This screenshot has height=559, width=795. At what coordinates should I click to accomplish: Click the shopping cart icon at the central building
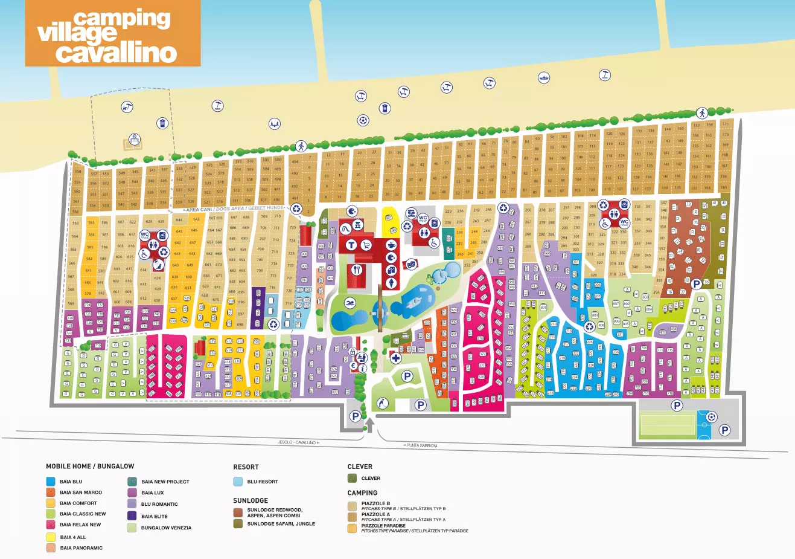coord(366,245)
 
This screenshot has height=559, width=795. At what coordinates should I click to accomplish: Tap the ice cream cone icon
coord(392,283)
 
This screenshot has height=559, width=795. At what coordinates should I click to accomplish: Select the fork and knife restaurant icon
coord(357,270)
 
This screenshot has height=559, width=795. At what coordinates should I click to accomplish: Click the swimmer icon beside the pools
coord(349,302)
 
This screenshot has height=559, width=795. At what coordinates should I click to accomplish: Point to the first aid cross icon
coord(395,358)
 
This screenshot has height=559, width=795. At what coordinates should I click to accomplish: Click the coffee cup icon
coord(391,245)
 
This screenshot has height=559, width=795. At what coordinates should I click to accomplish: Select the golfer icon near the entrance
coord(382,403)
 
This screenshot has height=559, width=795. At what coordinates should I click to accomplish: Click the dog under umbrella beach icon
coord(127,108)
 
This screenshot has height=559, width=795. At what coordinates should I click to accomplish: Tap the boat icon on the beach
coord(544,78)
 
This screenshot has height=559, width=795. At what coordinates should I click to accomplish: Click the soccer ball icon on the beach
coord(363,120)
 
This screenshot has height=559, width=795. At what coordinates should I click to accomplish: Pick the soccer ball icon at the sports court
coord(711,417)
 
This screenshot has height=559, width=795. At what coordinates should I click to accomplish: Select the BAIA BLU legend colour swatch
coord(50,482)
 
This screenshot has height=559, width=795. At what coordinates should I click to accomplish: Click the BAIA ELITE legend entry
coord(154,516)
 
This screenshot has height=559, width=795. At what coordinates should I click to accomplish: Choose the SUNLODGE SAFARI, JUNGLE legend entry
coord(281,523)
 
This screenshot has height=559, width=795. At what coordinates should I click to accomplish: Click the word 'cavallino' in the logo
coord(116,53)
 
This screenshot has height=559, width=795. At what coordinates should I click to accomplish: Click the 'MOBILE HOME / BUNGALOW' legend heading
coord(90,466)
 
